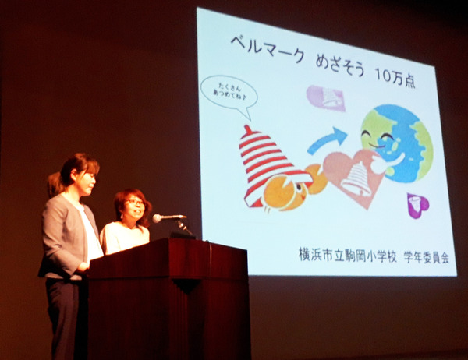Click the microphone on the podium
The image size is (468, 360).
tap(168, 217)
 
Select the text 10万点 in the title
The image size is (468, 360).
tap(395, 79)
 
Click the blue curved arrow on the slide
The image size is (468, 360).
tap(328, 140)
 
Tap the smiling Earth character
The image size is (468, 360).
tap(397, 143)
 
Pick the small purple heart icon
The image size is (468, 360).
tap(418, 205)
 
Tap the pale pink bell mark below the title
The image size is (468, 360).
tap(326, 98)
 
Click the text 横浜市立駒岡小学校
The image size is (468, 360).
tap(348, 256)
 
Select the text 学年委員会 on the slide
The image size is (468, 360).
tap(427, 258)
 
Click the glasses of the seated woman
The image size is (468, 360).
tap(135, 203)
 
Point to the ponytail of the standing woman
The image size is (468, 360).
tap(55, 183)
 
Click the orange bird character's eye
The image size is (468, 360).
tap(299, 187)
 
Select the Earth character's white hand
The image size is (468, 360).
tap(388, 162)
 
